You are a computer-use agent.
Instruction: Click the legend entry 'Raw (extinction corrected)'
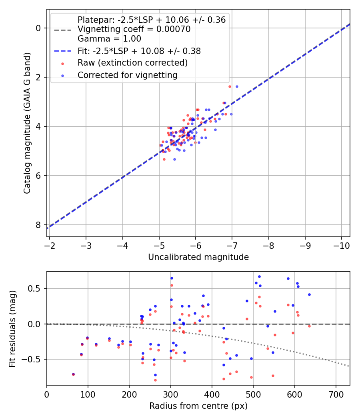click(x=132, y=63)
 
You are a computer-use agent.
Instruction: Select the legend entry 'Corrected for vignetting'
click(x=127, y=75)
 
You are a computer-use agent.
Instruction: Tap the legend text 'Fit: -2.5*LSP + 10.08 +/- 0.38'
click(x=139, y=51)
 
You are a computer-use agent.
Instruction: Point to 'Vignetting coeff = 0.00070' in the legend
click(x=134, y=29)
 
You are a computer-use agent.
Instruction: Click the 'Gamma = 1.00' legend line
click(x=109, y=39)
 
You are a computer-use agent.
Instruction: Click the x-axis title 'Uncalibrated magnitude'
click(x=198, y=257)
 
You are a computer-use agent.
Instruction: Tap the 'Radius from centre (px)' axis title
click(x=198, y=406)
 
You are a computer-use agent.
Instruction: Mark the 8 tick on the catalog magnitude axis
click(x=38, y=225)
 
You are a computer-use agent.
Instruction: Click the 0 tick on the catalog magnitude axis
click(x=38, y=28)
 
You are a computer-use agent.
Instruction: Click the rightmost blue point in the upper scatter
click(x=237, y=86)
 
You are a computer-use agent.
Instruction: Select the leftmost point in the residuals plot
click(x=73, y=374)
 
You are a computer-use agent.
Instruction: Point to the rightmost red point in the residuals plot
click(x=309, y=326)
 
